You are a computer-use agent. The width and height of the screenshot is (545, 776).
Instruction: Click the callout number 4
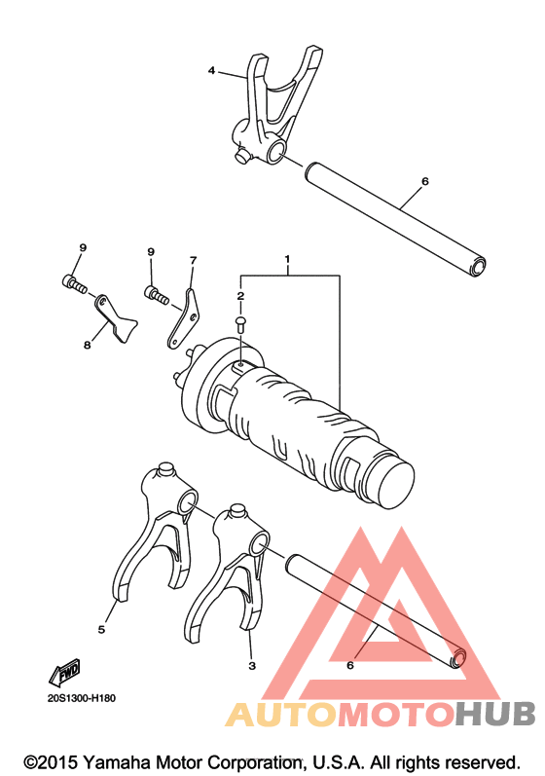click(x=211, y=71)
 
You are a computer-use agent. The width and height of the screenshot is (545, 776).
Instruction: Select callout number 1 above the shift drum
click(x=287, y=259)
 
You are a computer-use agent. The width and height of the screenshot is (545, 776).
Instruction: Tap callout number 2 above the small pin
click(x=240, y=296)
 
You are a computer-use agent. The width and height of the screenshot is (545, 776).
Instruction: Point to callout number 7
click(x=193, y=260)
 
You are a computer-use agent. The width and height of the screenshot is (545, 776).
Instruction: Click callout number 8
click(x=88, y=345)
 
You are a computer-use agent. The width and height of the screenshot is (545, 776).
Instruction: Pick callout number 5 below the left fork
click(x=101, y=630)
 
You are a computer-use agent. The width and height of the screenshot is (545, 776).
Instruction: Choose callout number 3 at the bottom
click(x=252, y=666)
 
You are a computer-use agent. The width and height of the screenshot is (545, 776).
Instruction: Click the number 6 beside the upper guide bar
click(x=425, y=182)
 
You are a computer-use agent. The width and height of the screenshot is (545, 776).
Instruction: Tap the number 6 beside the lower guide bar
click(x=350, y=666)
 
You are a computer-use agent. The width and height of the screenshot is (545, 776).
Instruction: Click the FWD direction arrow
click(x=65, y=673)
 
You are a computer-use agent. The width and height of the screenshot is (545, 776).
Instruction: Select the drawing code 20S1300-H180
click(x=82, y=698)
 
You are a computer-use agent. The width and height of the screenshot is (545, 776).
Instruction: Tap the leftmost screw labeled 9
click(x=75, y=284)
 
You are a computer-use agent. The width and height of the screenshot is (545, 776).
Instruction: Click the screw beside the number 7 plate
click(x=157, y=295)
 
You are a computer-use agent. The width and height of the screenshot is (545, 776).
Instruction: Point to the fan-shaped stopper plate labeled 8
click(x=115, y=318)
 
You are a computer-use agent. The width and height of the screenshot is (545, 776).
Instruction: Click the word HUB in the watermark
click(x=494, y=714)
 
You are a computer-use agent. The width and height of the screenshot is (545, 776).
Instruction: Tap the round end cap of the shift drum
click(x=394, y=484)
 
